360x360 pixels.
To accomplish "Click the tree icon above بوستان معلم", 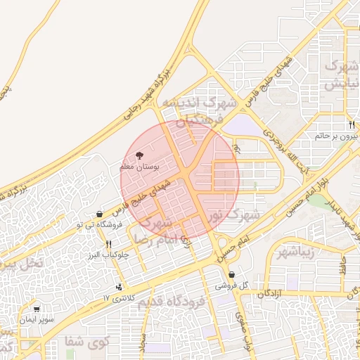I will click(x=138, y=154).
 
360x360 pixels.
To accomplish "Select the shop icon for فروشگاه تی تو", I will click(x=100, y=214).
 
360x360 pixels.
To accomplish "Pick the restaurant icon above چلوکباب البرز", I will click(x=108, y=244).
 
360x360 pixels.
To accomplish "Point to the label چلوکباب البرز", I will click(x=106, y=255).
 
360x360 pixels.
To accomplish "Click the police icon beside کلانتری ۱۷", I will click(x=119, y=287).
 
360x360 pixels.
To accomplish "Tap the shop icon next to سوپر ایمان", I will click(x=37, y=308).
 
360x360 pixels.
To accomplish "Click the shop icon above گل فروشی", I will click(x=231, y=275).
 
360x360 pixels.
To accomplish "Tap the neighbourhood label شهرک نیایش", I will click(x=343, y=75).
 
